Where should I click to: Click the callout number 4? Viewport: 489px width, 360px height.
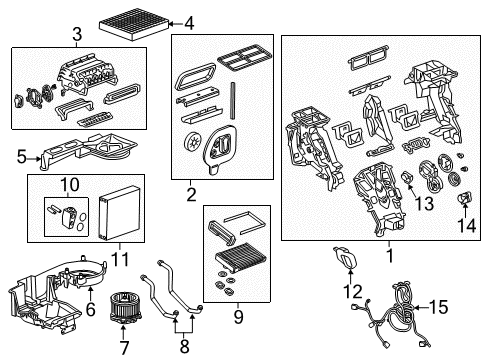[x=191, y=22]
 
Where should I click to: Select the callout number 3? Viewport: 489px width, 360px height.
[x=76, y=38]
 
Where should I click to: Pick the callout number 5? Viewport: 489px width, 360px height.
[x=19, y=156]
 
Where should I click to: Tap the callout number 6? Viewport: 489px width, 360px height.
[x=89, y=291]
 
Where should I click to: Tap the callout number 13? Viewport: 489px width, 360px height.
[x=424, y=204]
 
